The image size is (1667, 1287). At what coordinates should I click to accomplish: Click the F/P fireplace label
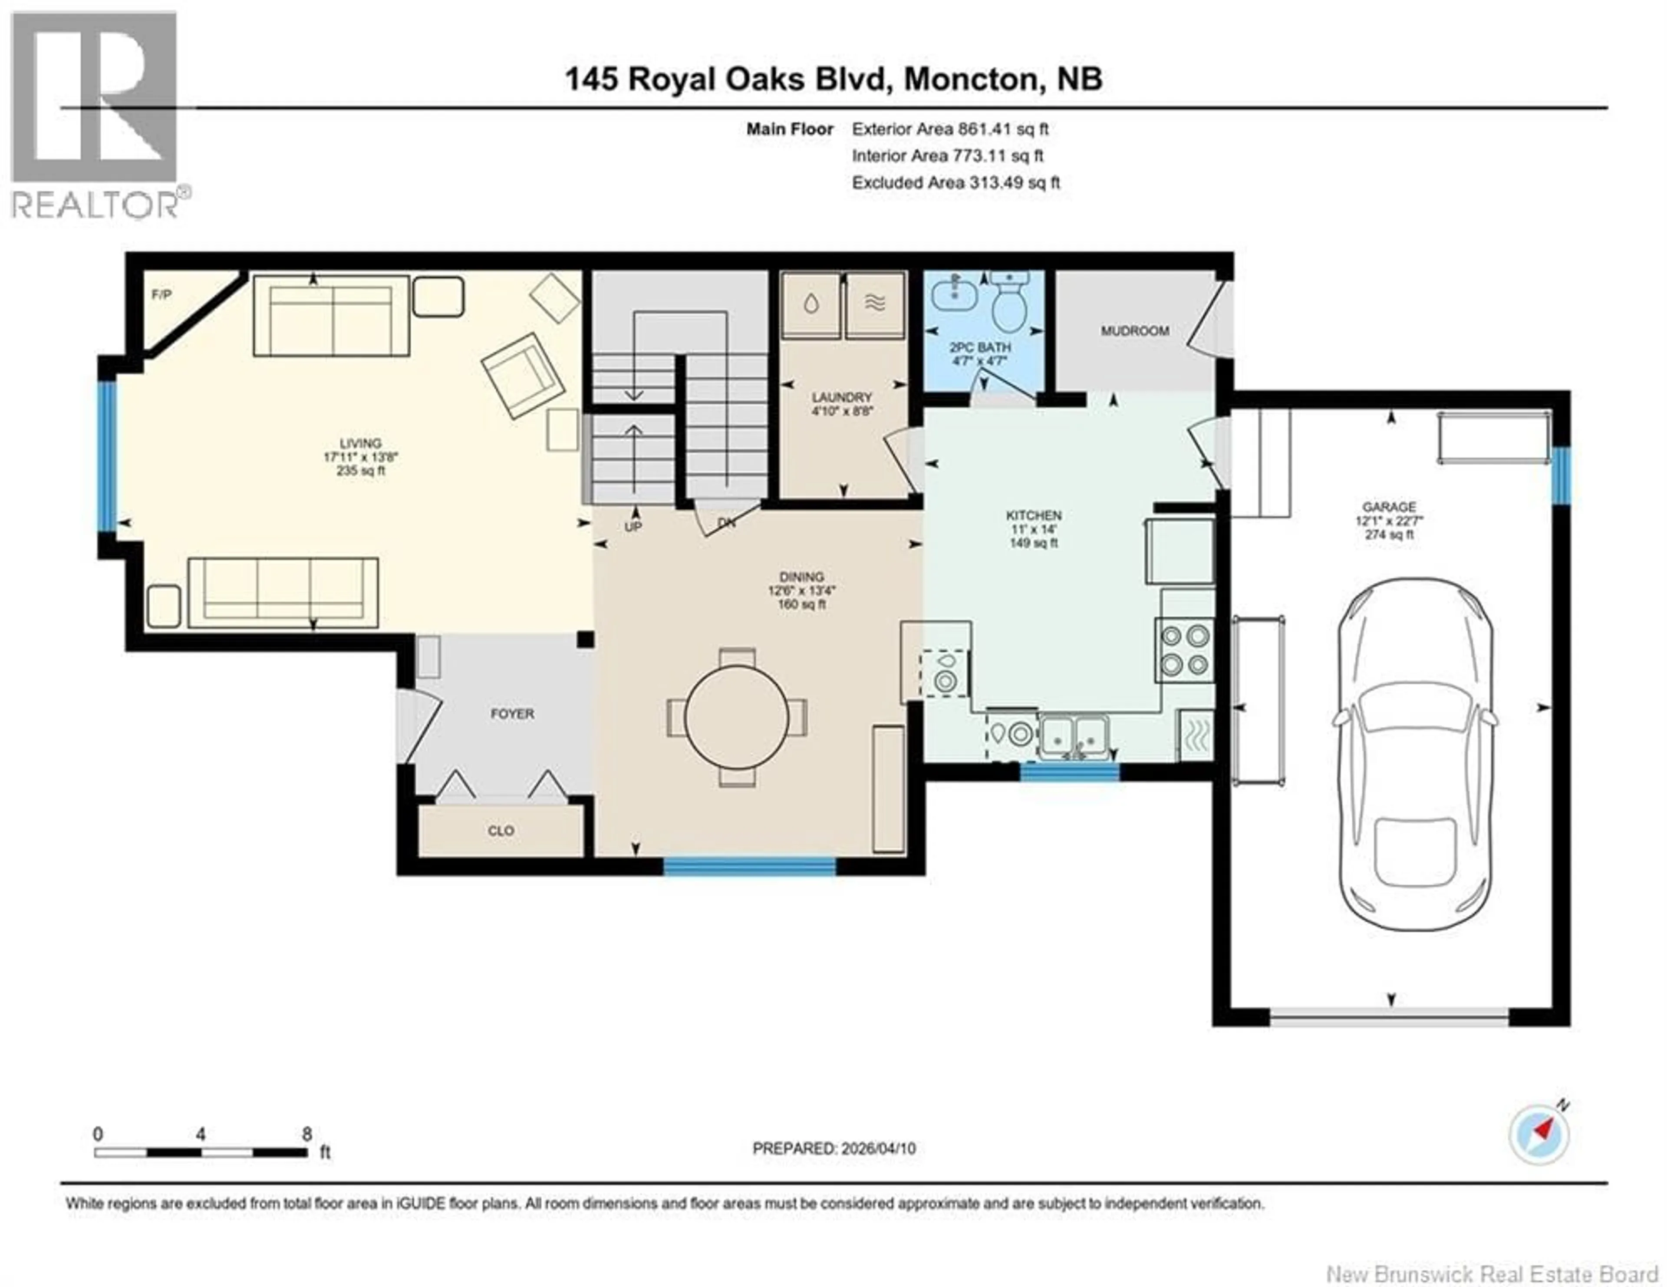[161, 295]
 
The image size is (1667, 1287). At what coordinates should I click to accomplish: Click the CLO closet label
[501, 831]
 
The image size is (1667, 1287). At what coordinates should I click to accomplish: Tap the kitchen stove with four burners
[1186, 650]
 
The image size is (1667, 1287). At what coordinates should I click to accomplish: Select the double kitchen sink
[1075, 735]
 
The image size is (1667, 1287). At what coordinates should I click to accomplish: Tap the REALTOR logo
[96, 115]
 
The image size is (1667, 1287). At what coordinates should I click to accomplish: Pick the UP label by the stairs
[633, 527]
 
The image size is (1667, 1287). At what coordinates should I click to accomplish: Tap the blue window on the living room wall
[107, 456]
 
